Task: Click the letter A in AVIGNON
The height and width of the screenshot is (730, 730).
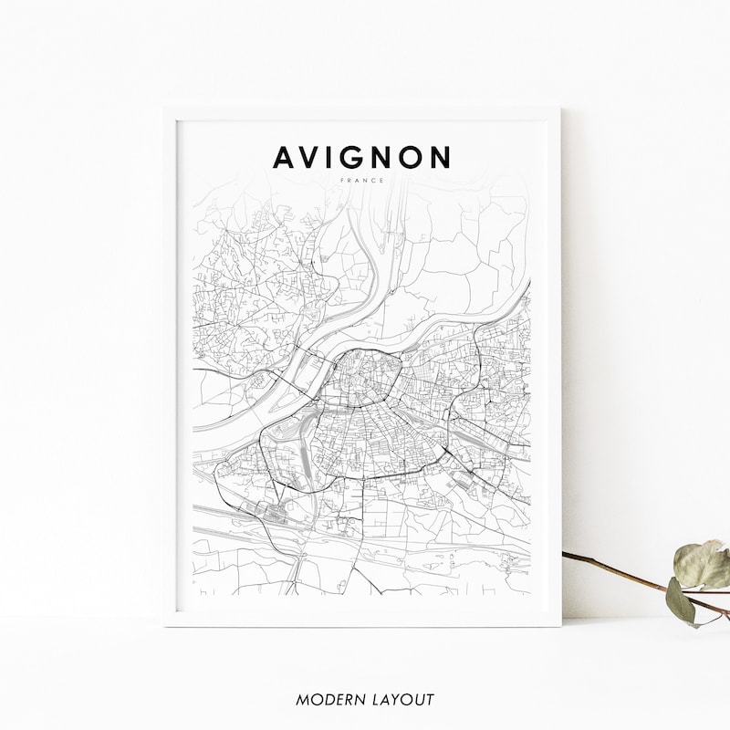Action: coord(286,157)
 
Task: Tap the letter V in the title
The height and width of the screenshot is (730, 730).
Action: coord(314,157)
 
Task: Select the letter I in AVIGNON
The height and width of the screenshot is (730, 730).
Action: coord(336,157)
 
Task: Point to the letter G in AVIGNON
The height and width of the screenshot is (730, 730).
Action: coord(358,157)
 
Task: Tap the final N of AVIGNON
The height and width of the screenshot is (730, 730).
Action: coord(441,157)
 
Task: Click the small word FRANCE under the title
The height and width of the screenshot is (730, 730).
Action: coord(362,180)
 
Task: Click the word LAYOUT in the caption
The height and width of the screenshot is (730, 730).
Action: coord(402,700)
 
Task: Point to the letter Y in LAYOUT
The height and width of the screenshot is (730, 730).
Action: coord(400,700)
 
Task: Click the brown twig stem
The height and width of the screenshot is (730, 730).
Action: coord(620,570)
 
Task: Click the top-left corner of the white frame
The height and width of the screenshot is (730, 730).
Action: coord(164,108)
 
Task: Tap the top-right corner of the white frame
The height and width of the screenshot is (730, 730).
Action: coord(560,108)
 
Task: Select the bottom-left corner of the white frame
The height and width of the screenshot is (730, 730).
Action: coord(164,626)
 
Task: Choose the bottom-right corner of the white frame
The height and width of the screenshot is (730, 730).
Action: coord(560,626)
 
